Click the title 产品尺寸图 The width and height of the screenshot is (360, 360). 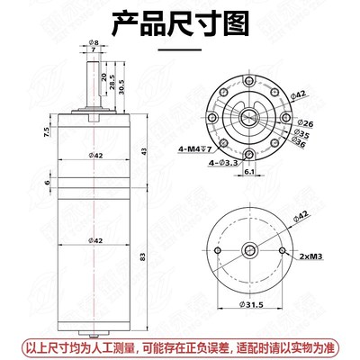(x=180, y=25)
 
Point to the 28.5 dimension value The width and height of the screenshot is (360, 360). (x=112, y=82)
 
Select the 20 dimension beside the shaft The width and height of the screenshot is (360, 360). (x=104, y=76)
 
